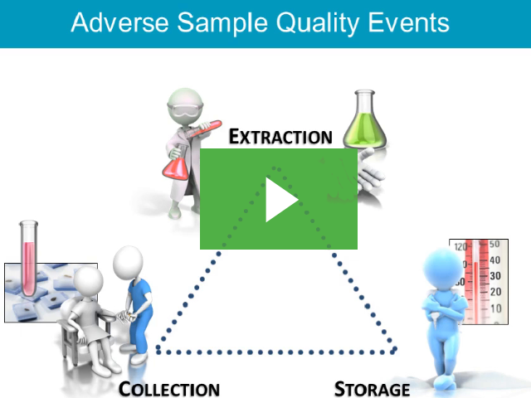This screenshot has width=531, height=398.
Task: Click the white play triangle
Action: click(x=280, y=201)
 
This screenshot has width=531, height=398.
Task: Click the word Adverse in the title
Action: click(x=117, y=22)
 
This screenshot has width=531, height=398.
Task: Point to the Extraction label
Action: click(x=280, y=136)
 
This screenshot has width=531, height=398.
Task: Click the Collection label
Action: click(x=169, y=389)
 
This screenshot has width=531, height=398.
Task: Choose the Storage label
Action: click(x=372, y=389)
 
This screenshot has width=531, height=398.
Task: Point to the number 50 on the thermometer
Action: click(x=494, y=245)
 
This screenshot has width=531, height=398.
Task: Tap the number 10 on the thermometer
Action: click(x=494, y=308)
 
